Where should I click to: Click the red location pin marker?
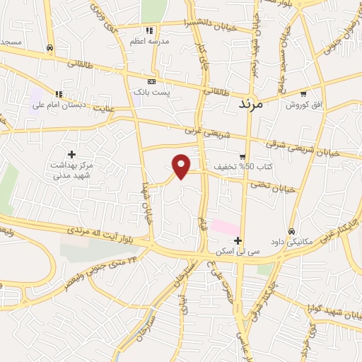pos(182,165)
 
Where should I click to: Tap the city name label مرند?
pos(247,104)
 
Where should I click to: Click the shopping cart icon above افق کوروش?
pos(303,94)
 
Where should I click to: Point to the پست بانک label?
pos(151,93)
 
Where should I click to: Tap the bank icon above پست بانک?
pos(150,81)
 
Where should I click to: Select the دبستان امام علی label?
pos(59,105)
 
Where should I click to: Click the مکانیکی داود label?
pos(291,243)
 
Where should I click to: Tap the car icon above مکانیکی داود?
pos(291,231)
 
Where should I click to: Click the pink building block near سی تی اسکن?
pos(226,228)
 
